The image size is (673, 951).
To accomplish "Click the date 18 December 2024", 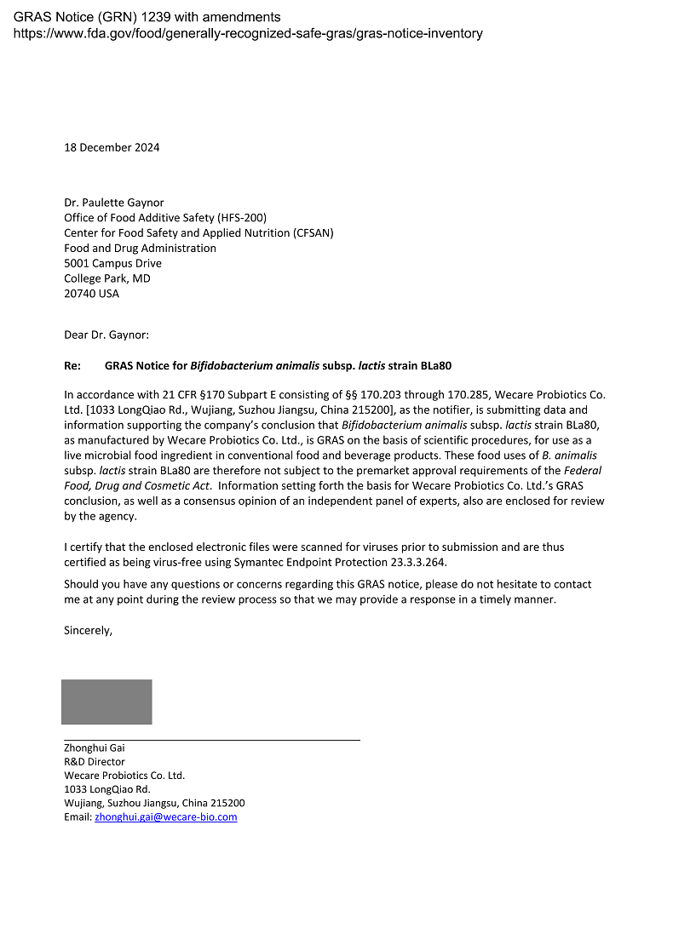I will pos(112,147).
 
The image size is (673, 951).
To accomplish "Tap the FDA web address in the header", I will pos(248,33).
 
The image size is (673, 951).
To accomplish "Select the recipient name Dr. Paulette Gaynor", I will pos(113,203).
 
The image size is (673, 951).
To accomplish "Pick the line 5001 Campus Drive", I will pos(112,263).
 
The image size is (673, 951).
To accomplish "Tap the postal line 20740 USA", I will pos(91,294).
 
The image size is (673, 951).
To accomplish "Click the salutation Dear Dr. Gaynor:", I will pos(106,335).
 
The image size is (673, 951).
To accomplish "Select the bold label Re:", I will pos(72,366).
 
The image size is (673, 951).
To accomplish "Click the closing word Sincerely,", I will pos(89,631).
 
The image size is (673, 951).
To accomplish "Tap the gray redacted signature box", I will pos(106,702).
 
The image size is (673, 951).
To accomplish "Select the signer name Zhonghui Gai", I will pos(94,748).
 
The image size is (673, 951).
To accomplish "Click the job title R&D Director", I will pos(95,762).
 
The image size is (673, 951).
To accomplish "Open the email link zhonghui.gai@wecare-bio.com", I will pos(165,816).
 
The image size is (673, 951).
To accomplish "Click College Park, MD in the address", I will pos(106,278).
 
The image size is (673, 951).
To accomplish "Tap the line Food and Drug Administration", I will pos(140,248).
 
